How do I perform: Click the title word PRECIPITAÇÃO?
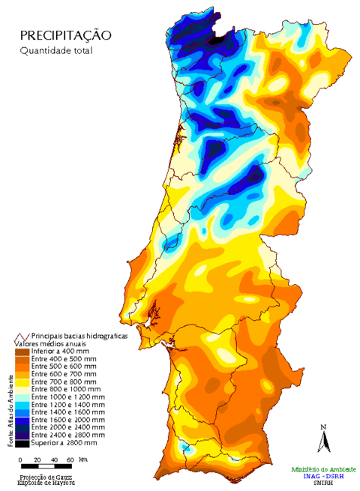pos(66,35)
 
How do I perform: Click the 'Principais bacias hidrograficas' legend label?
pos(79,336)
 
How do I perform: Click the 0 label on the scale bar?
pos(19,459)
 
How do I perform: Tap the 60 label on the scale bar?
pos(70,459)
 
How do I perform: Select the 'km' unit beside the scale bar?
pos(82,459)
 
